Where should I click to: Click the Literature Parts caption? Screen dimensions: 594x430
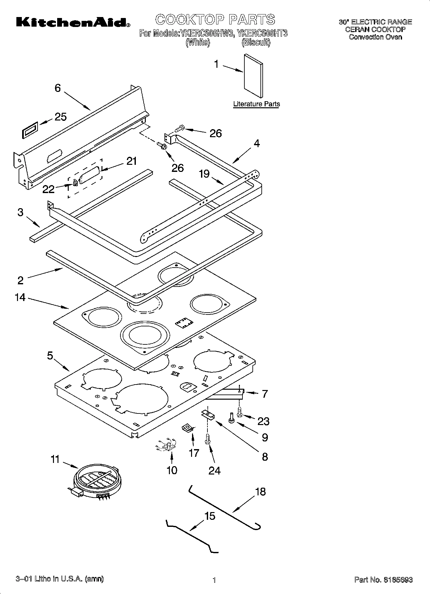coord(256,104)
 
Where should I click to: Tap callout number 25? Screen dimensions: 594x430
coord(60,117)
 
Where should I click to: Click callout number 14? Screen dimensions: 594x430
coord(20,297)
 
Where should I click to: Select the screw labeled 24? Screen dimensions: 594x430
coord(207,439)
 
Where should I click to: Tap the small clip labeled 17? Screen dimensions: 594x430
coord(187,428)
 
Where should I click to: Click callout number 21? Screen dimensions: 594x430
coord(131,161)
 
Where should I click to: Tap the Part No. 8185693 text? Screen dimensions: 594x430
coord(383,580)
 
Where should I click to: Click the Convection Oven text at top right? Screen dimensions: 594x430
coord(375,37)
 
